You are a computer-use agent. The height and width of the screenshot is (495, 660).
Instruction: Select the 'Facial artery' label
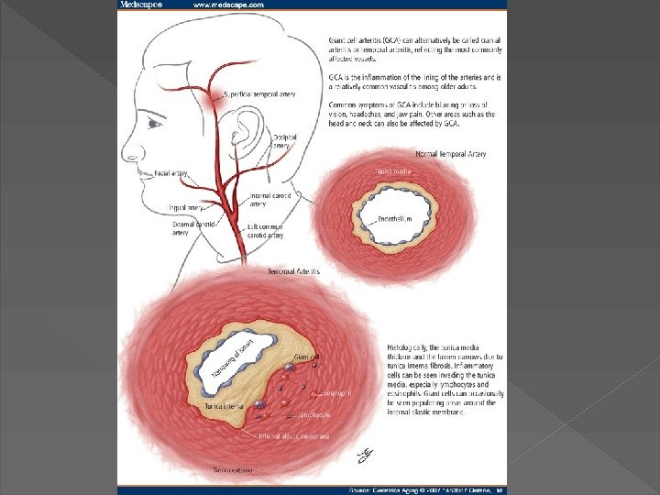(171, 171)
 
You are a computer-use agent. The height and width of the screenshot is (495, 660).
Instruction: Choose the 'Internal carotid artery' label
(270, 200)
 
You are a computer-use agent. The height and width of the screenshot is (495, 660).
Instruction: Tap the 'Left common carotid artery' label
(267, 230)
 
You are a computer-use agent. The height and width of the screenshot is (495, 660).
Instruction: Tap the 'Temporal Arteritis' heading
(293, 272)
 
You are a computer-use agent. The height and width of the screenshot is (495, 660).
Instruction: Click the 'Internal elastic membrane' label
(293, 436)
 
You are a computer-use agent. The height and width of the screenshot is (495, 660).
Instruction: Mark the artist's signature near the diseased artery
(362, 453)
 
